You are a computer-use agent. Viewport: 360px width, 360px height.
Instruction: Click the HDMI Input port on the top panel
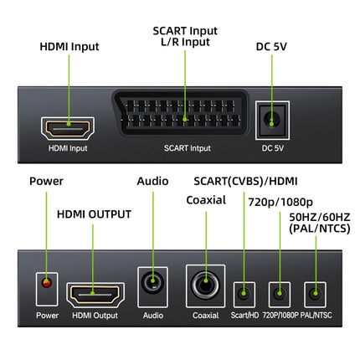(x=68, y=129)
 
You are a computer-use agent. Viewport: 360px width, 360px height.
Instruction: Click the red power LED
(x=47, y=286)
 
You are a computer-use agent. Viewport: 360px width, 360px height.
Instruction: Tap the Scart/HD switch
(x=244, y=295)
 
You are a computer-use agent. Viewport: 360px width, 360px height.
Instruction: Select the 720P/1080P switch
(x=279, y=295)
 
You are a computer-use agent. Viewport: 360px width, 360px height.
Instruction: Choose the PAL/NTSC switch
(x=313, y=295)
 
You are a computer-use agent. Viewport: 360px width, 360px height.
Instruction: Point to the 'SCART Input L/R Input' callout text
(x=185, y=36)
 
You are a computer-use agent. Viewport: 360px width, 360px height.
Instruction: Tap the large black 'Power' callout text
(x=47, y=181)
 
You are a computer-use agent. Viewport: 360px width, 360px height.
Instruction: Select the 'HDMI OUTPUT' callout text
(x=94, y=213)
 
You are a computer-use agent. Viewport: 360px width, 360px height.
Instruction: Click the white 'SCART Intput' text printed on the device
(x=187, y=148)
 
